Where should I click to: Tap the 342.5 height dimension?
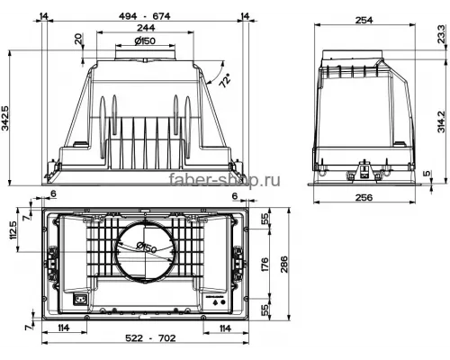[7, 118]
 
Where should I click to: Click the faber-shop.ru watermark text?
[225, 180]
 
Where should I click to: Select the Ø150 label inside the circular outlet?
[147, 248]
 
